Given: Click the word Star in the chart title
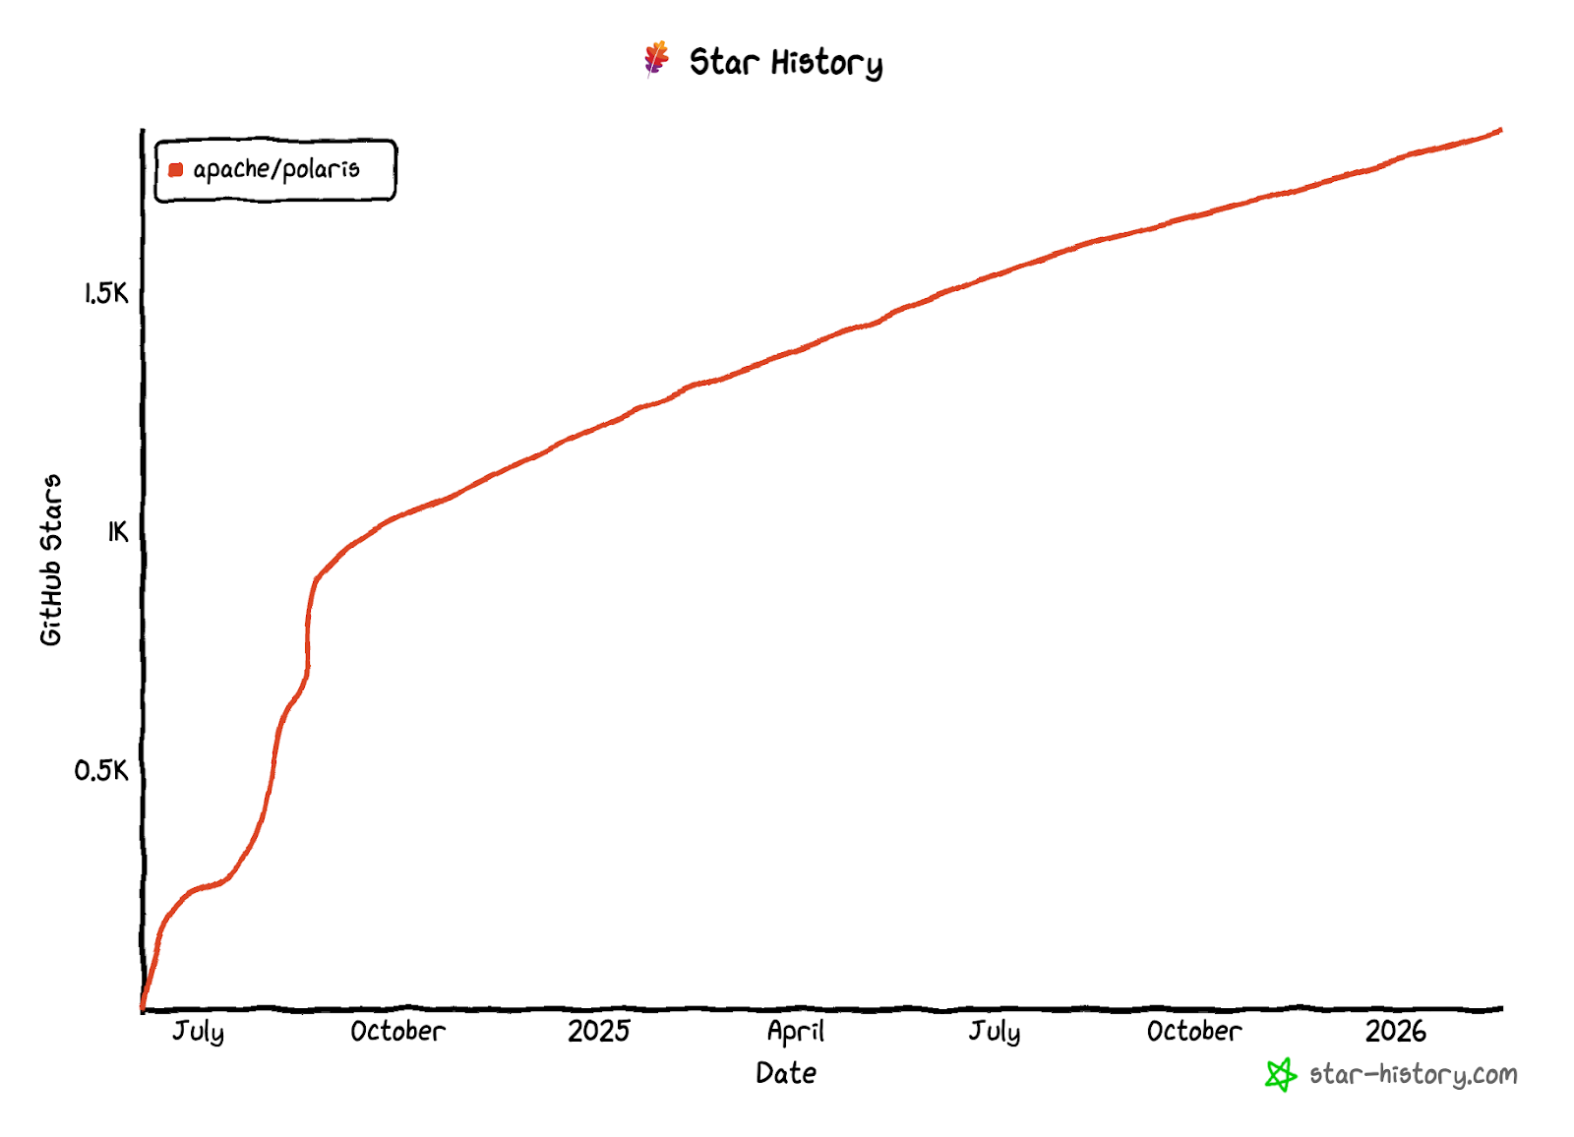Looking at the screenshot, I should click(723, 62).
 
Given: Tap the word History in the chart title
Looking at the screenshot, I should click(826, 64).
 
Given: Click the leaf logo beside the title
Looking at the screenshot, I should click(656, 59).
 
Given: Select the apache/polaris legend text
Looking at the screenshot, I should click(276, 170).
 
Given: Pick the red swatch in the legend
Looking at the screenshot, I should click(176, 170).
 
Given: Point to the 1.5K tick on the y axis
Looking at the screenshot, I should click(106, 293).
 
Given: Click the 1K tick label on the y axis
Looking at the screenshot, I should click(118, 532).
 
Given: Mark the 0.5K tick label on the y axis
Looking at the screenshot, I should click(101, 770).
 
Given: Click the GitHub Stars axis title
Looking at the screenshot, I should click(51, 560).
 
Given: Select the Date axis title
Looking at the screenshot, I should click(786, 1073).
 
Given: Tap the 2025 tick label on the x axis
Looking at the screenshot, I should click(598, 1031).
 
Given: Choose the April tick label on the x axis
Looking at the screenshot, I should click(796, 1031).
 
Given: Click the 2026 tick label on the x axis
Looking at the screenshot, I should click(1395, 1031).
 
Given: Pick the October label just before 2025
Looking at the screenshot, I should click(397, 1031).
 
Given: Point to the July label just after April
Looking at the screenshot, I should click(995, 1031).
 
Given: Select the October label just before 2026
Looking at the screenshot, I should click(1194, 1031).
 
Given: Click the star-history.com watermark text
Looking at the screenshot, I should click(1413, 1074).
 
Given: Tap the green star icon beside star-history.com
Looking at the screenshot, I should click(1280, 1075).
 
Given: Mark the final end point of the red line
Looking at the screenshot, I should click(1500, 130).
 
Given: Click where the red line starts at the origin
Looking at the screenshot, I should click(144, 1007).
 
